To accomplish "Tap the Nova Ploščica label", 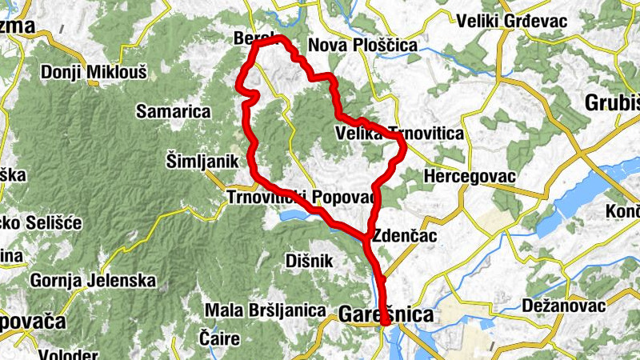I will [362, 46].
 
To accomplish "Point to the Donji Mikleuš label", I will [94, 72].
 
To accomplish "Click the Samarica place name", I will [173, 111].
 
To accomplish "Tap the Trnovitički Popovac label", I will [301, 197].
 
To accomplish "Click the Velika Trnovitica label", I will [400, 134].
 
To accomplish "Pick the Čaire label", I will [220, 338].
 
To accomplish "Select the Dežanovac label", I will [566, 305].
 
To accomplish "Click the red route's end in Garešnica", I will [385, 322].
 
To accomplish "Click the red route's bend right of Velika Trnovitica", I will [402, 145].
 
